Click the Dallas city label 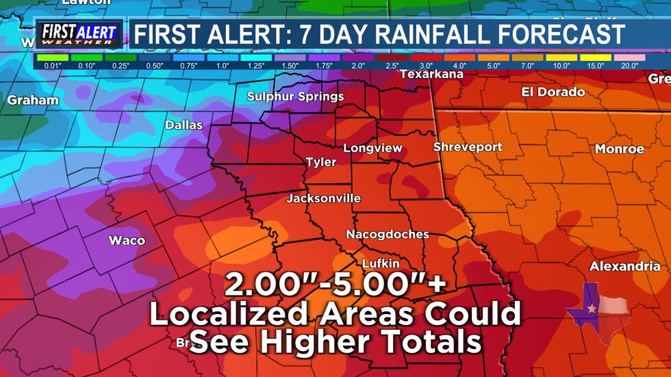click(183, 125)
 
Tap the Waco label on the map click(127, 240)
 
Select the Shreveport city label click(468, 147)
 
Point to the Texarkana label click(431, 74)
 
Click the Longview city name click(372, 148)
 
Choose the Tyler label click(320, 162)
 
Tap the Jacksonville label click(323, 198)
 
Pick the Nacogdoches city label click(388, 234)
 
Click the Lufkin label click(380, 263)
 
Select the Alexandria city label click(625, 266)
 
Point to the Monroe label click(619, 148)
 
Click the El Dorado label click(553, 92)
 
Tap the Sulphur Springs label click(295, 96)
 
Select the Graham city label click(33, 101)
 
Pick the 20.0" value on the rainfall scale click(629, 66)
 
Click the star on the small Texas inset click(592, 309)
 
